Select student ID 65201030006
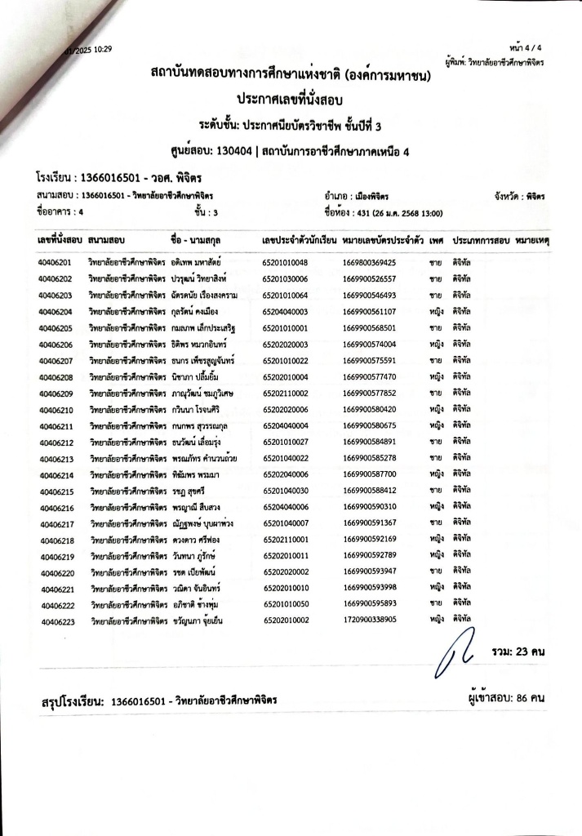point(286,279)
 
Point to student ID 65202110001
point(286,539)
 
